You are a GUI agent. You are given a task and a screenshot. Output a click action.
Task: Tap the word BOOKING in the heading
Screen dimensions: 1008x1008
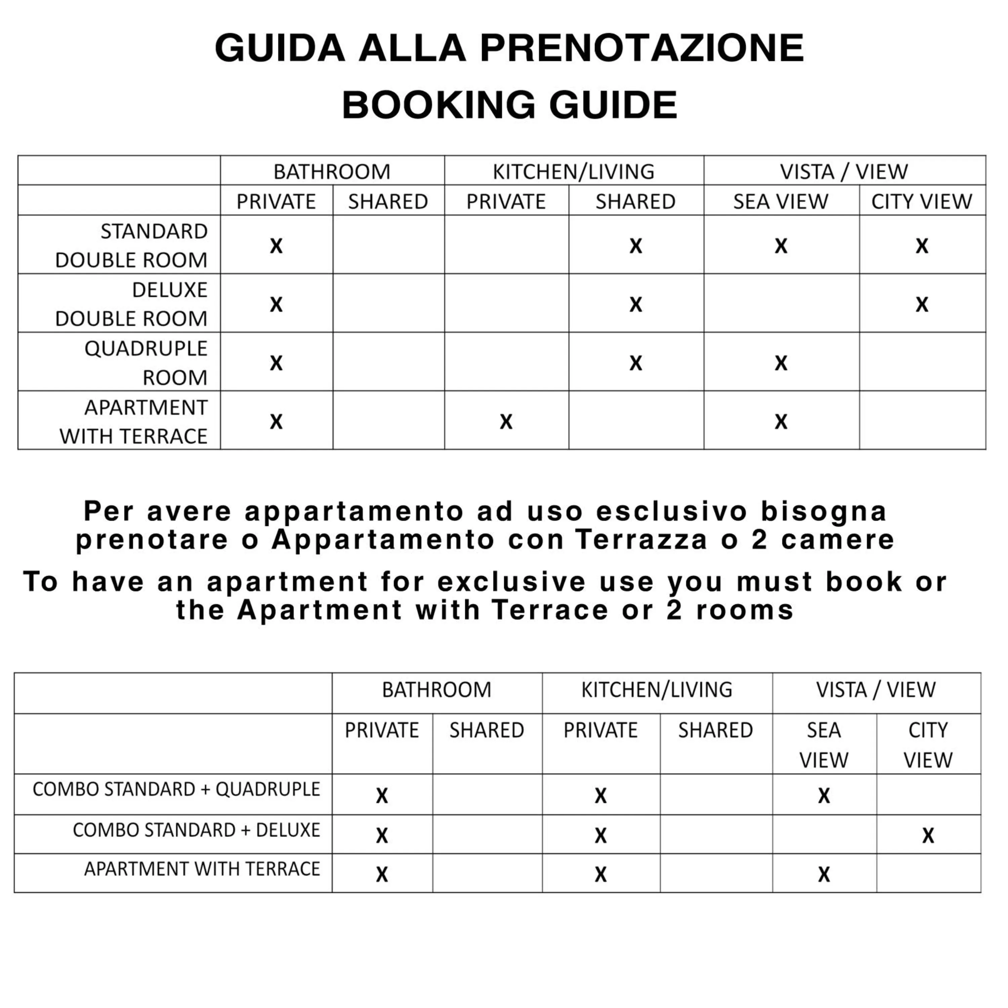coord(438,105)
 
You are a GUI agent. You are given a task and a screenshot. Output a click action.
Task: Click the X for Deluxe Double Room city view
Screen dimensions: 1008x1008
coord(922,304)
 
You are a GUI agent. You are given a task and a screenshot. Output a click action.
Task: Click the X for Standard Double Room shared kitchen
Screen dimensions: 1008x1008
coord(635,246)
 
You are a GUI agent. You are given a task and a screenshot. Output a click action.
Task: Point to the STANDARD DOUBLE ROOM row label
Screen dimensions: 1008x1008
coord(131,245)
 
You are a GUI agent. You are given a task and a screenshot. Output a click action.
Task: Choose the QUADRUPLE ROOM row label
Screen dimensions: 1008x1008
coord(146,363)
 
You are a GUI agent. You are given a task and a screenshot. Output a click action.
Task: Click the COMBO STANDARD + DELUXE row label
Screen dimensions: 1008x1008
coord(196,830)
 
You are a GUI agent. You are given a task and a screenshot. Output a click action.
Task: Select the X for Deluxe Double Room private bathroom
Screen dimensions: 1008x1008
coord(276,304)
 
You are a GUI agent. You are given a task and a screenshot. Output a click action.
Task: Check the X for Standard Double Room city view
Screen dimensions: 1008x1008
coord(922,246)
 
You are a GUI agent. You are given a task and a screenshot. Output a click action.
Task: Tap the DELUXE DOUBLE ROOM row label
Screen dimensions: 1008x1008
coord(131,304)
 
